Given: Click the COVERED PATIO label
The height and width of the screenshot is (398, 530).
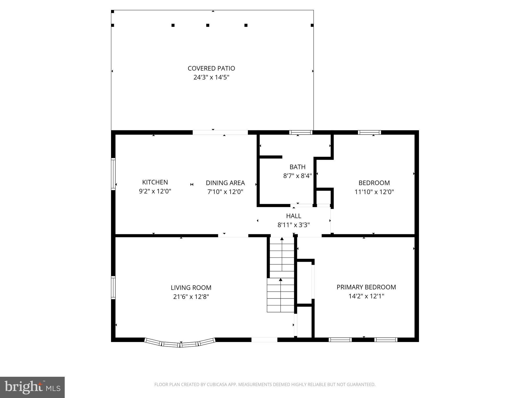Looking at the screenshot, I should [211, 68].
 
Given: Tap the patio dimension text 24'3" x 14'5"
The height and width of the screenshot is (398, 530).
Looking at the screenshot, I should [211, 77].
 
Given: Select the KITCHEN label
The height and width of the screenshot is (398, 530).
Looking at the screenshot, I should [155, 182].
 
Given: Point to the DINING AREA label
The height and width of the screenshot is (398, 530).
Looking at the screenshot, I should [225, 183].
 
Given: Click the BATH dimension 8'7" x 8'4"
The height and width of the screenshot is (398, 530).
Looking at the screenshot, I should [297, 176].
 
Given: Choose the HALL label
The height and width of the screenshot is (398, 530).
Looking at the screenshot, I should [293, 216].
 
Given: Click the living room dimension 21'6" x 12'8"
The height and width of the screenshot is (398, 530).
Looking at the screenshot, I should [191, 296].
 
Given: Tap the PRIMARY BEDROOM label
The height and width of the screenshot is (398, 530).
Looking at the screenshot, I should [366, 287].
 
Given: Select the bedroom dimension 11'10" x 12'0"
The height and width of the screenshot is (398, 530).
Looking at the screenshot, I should [374, 192].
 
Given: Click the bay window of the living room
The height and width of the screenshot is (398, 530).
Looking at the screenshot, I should [180, 343].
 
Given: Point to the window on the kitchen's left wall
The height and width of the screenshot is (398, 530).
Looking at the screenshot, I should [113, 174].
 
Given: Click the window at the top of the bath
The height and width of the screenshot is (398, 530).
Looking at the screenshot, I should [300, 132].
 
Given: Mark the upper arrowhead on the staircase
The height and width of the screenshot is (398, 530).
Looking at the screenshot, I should [282, 239].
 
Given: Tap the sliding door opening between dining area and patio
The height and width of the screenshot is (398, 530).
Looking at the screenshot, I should [220, 132].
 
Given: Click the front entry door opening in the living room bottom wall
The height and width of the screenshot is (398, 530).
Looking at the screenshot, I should [264, 340].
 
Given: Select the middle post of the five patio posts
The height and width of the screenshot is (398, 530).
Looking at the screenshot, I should [208, 25].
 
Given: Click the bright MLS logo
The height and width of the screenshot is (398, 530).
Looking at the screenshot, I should [32, 387].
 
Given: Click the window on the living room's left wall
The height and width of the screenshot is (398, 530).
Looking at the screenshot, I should [113, 288].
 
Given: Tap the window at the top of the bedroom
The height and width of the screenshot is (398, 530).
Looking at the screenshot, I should [369, 132].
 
